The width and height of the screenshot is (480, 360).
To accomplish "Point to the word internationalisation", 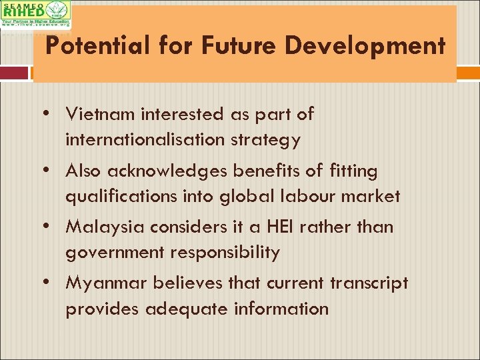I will click(x=145, y=140).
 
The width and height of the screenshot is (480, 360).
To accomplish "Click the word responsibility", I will click(x=225, y=253).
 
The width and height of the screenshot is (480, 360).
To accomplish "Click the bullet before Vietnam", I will click(x=51, y=114).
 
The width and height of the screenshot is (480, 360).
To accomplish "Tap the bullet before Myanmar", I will click(x=51, y=283).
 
